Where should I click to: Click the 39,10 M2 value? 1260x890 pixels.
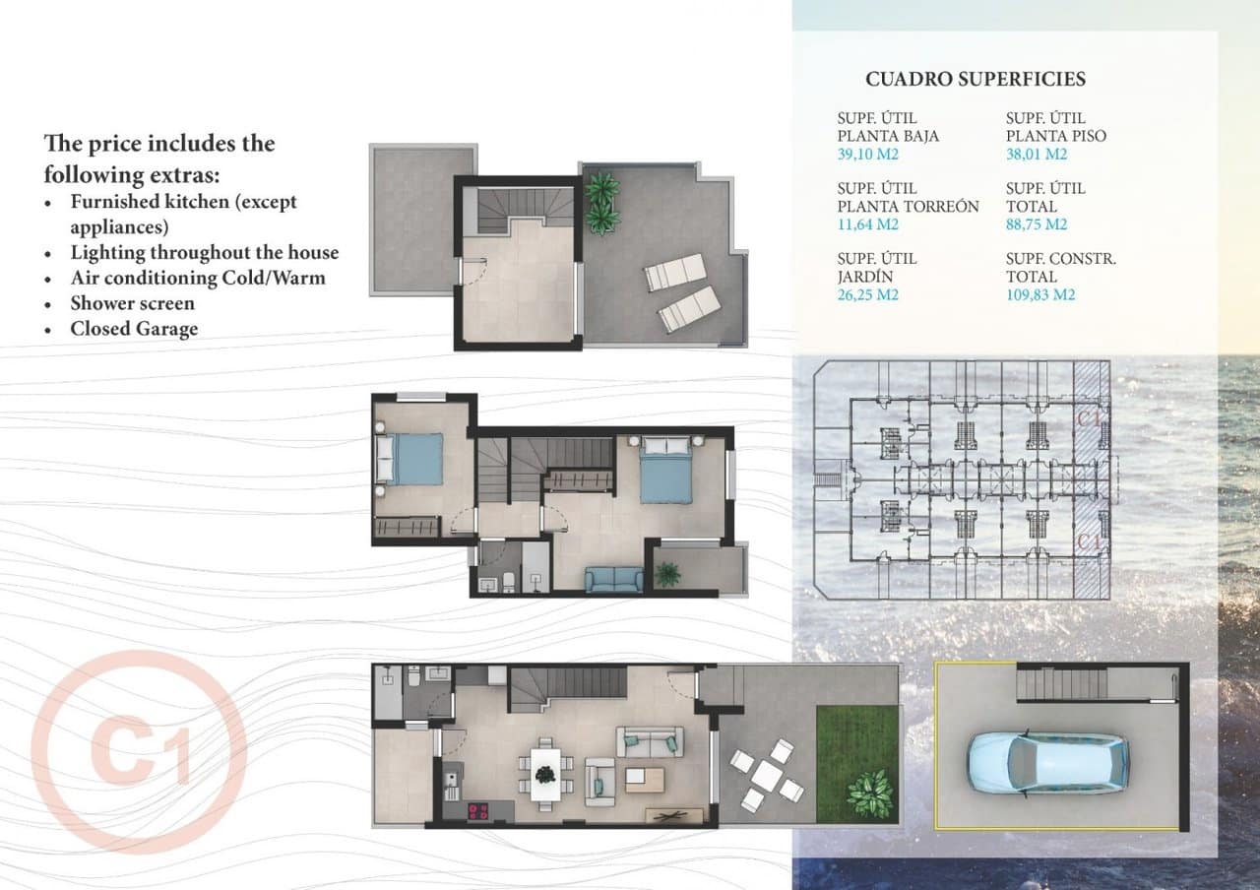click(x=868, y=155)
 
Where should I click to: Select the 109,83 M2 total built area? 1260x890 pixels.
click(x=1040, y=294)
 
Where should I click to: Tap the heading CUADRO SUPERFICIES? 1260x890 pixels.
click(x=975, y=79)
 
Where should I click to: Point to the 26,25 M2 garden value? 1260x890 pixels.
click(x=868, y=294)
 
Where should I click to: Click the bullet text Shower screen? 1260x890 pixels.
click(x=132, y=303)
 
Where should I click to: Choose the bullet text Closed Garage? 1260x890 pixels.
click(x=134, y=329)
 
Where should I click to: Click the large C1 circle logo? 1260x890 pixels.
click(x=139, y=752)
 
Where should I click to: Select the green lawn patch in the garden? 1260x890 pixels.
click(x=856, y=763)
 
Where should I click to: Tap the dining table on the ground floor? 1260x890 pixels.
click(x=544, y=773)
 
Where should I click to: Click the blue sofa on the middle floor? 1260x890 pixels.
click(x=613, y=579)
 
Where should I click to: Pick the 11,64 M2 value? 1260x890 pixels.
click(x=867, y=224)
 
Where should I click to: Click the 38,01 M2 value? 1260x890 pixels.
click(x=1037, y=155)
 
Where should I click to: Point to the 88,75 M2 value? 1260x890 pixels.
click(x=1037, y=224)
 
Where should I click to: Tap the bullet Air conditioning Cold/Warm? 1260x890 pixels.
click(x=197, y=278)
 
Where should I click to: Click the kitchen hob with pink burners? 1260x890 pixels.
click(x=477, y=811)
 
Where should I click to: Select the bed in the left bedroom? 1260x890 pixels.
click(x=410, y=459)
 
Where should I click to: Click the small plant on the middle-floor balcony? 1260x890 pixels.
click(x=667, y=573)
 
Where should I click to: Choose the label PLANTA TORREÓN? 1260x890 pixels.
click(x=908, y=207)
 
